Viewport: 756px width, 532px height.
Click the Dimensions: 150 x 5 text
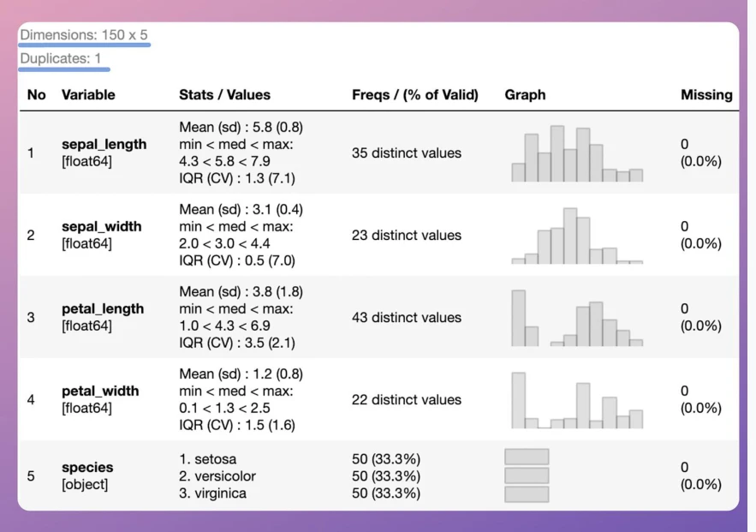[84, 35]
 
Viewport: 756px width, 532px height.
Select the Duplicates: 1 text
[60, 58]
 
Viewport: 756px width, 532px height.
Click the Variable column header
[88, 94]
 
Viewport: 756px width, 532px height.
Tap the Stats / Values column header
[224, 94]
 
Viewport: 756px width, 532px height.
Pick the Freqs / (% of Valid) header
[415, 94]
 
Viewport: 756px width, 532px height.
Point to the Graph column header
[525, 94]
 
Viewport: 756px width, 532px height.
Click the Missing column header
[706, 94]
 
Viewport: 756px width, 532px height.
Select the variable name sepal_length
[104, 144]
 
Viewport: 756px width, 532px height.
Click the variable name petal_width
[100, 391]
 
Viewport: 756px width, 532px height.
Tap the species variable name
[87, 468]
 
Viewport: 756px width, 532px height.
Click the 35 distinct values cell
[407, 152]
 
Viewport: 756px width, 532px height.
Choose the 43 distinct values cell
[407, 317]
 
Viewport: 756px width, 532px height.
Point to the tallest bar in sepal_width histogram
[570, 236]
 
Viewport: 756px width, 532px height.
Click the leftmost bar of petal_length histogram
[518, 319]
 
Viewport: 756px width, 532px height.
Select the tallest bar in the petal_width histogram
[518, 400]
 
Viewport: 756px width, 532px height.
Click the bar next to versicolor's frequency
[527, 475]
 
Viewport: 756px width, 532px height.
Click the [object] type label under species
[85, 484]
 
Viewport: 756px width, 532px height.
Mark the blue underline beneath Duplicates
[64, 70]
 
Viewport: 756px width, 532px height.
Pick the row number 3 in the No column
[31, 317]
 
